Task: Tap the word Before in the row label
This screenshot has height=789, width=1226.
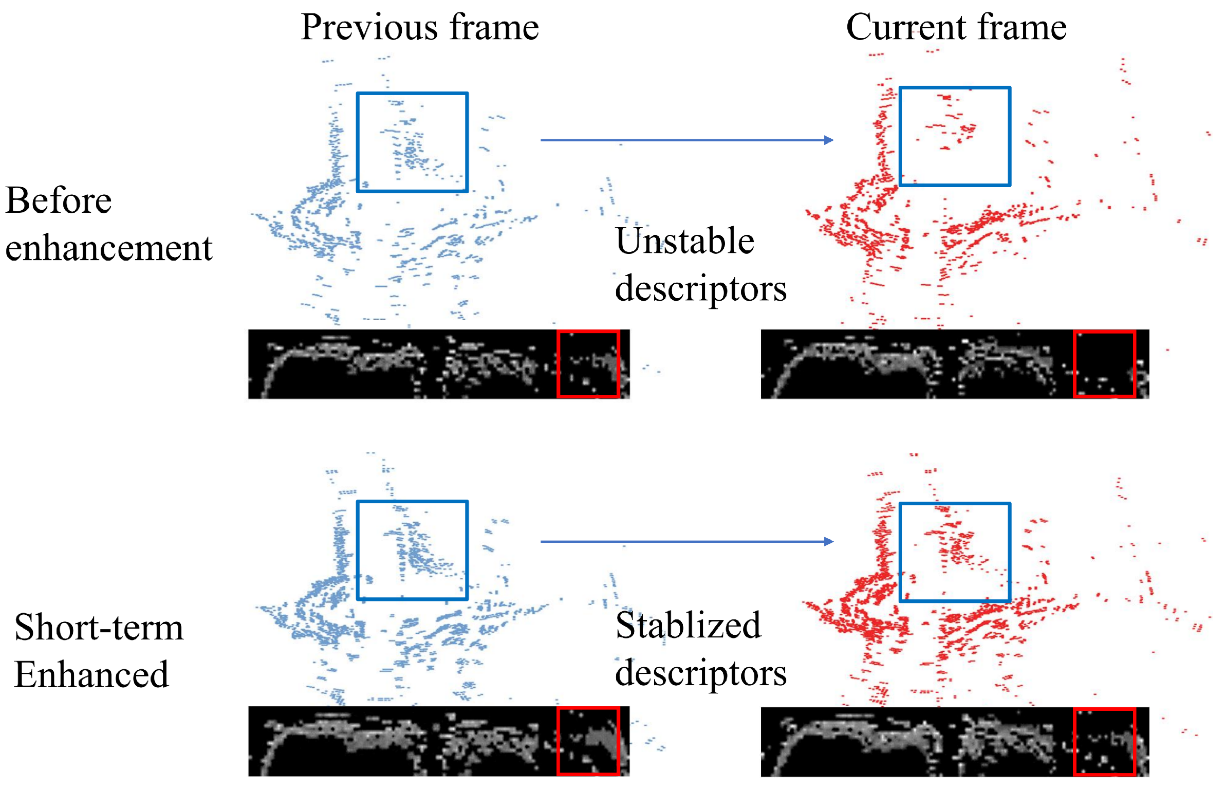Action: point(59,200)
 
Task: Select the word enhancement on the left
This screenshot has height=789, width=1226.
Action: point(109,248)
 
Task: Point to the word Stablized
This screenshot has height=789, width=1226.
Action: point(688,626)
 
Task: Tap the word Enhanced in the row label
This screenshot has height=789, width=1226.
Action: point(91,674)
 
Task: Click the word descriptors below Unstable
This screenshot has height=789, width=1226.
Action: point(701,288)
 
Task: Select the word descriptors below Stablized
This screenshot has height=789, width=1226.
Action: point(701,673)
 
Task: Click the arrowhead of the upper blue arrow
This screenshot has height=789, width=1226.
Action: point(828,140)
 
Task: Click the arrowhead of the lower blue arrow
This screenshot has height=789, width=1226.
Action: point(828,541)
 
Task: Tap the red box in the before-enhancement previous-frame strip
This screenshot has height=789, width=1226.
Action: point(588,364)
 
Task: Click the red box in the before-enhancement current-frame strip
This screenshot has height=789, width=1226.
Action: point(1104,364)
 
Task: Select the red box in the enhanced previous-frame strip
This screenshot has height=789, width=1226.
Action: point(588,741)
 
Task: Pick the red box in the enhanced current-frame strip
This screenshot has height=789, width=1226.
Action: point(1104,742)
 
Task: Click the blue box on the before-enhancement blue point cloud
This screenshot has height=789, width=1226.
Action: point(412,142)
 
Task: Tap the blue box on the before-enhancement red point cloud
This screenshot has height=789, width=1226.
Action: point(955,136)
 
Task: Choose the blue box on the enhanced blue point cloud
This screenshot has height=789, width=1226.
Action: point(412,550)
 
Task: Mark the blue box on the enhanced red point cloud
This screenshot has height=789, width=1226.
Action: point(955,552)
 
